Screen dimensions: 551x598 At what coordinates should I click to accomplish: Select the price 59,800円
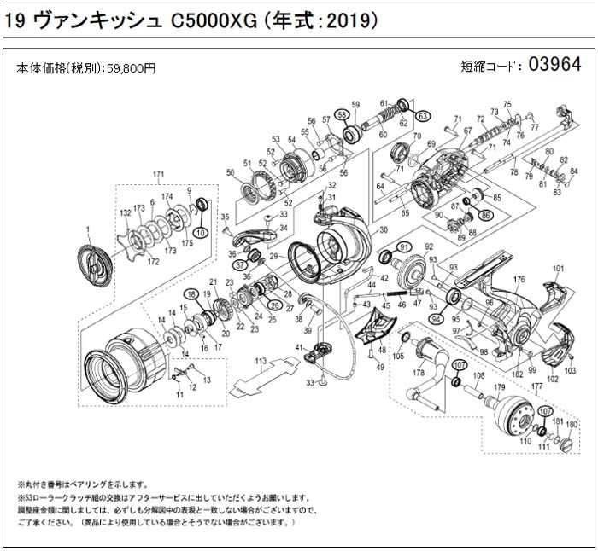(x=130, y=68)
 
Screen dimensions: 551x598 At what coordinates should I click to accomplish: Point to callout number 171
(x=157, y=176)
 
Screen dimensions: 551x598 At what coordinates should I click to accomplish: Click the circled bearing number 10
(x=202, y=232)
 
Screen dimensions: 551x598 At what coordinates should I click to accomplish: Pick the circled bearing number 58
(x=342, y=114)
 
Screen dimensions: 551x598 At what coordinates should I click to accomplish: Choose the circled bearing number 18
(x=193, y=294)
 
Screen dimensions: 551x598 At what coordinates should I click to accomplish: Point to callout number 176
(x=519, y=279)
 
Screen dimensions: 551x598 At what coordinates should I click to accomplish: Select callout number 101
(x=559, y=270)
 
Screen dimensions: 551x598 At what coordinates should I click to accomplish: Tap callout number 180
(x=572, y=424)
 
